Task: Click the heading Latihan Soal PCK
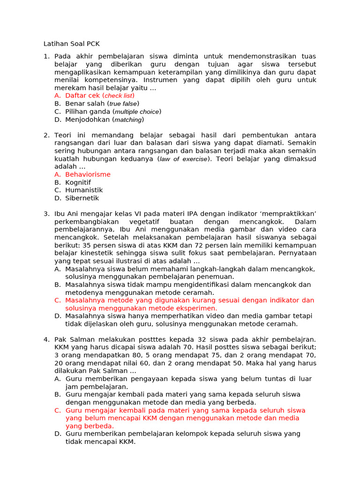pyautogui.click(x=71, y=44)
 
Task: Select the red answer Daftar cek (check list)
pyautogui.click(x=99, y=96)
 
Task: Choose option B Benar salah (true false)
pyautogui.click(x=102, y=104)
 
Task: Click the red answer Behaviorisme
pyautogui.click(x=88, y=174)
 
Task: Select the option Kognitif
pyautogui.click(x=78, y=182)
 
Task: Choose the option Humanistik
pyautogui.click(x=84, y=190)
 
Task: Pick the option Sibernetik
pyautogui.click(x=82, y=198)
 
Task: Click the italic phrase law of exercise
pyautogui.click(x=183, y=159)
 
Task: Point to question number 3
pyautogui.click(x=46, y=214)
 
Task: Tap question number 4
pyautogui.click(x=46, y=339)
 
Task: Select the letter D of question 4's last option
pyautogui.click(x=57, y=434)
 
